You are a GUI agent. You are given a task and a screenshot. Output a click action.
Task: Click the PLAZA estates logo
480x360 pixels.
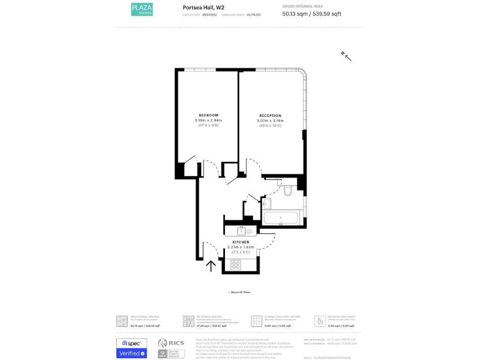(141, 9)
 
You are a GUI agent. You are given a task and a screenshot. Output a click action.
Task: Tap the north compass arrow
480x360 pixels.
(346, 56)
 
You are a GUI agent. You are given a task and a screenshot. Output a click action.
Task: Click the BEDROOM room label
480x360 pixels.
(208, 116)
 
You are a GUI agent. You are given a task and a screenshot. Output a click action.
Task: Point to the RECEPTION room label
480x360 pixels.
(270, 116)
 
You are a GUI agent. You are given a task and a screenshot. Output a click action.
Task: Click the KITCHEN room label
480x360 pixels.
(241, 242)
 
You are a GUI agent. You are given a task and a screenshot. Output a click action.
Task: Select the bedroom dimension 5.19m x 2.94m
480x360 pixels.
(208, 121)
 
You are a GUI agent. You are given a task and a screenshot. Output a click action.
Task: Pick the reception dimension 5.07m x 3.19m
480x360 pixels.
(270, 121)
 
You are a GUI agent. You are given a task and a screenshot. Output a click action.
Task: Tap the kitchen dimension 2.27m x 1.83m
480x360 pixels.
(241, 247)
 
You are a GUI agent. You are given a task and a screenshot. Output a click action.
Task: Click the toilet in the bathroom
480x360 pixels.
(287, 191)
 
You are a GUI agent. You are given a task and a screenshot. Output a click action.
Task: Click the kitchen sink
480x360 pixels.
(241, 231)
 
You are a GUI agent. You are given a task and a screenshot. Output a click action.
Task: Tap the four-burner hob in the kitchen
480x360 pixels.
(236, 265)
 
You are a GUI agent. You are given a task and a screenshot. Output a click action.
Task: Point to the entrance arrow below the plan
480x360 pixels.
(211, 266)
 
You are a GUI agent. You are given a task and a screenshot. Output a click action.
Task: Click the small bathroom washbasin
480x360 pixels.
(266, 203)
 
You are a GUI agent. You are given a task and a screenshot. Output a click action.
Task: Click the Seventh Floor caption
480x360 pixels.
(240, 292)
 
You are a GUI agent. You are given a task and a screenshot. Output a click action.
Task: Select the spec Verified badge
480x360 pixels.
(131, 348)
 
